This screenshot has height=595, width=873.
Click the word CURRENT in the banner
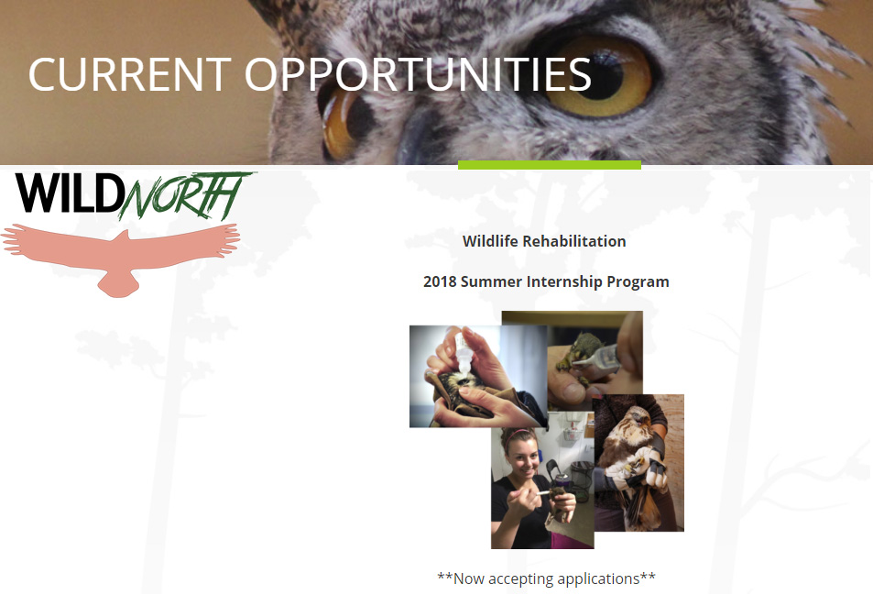(130, 74)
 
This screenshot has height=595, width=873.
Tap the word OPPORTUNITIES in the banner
(418, 74)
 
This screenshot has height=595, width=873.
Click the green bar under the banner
(550, 165)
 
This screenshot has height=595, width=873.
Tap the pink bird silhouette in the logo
(120, 258)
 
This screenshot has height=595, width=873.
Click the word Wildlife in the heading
(490, 241)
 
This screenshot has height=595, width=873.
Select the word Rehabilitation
(574, 241)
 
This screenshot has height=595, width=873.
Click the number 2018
(440, 281)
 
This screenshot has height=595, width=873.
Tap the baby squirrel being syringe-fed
(579, 357)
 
